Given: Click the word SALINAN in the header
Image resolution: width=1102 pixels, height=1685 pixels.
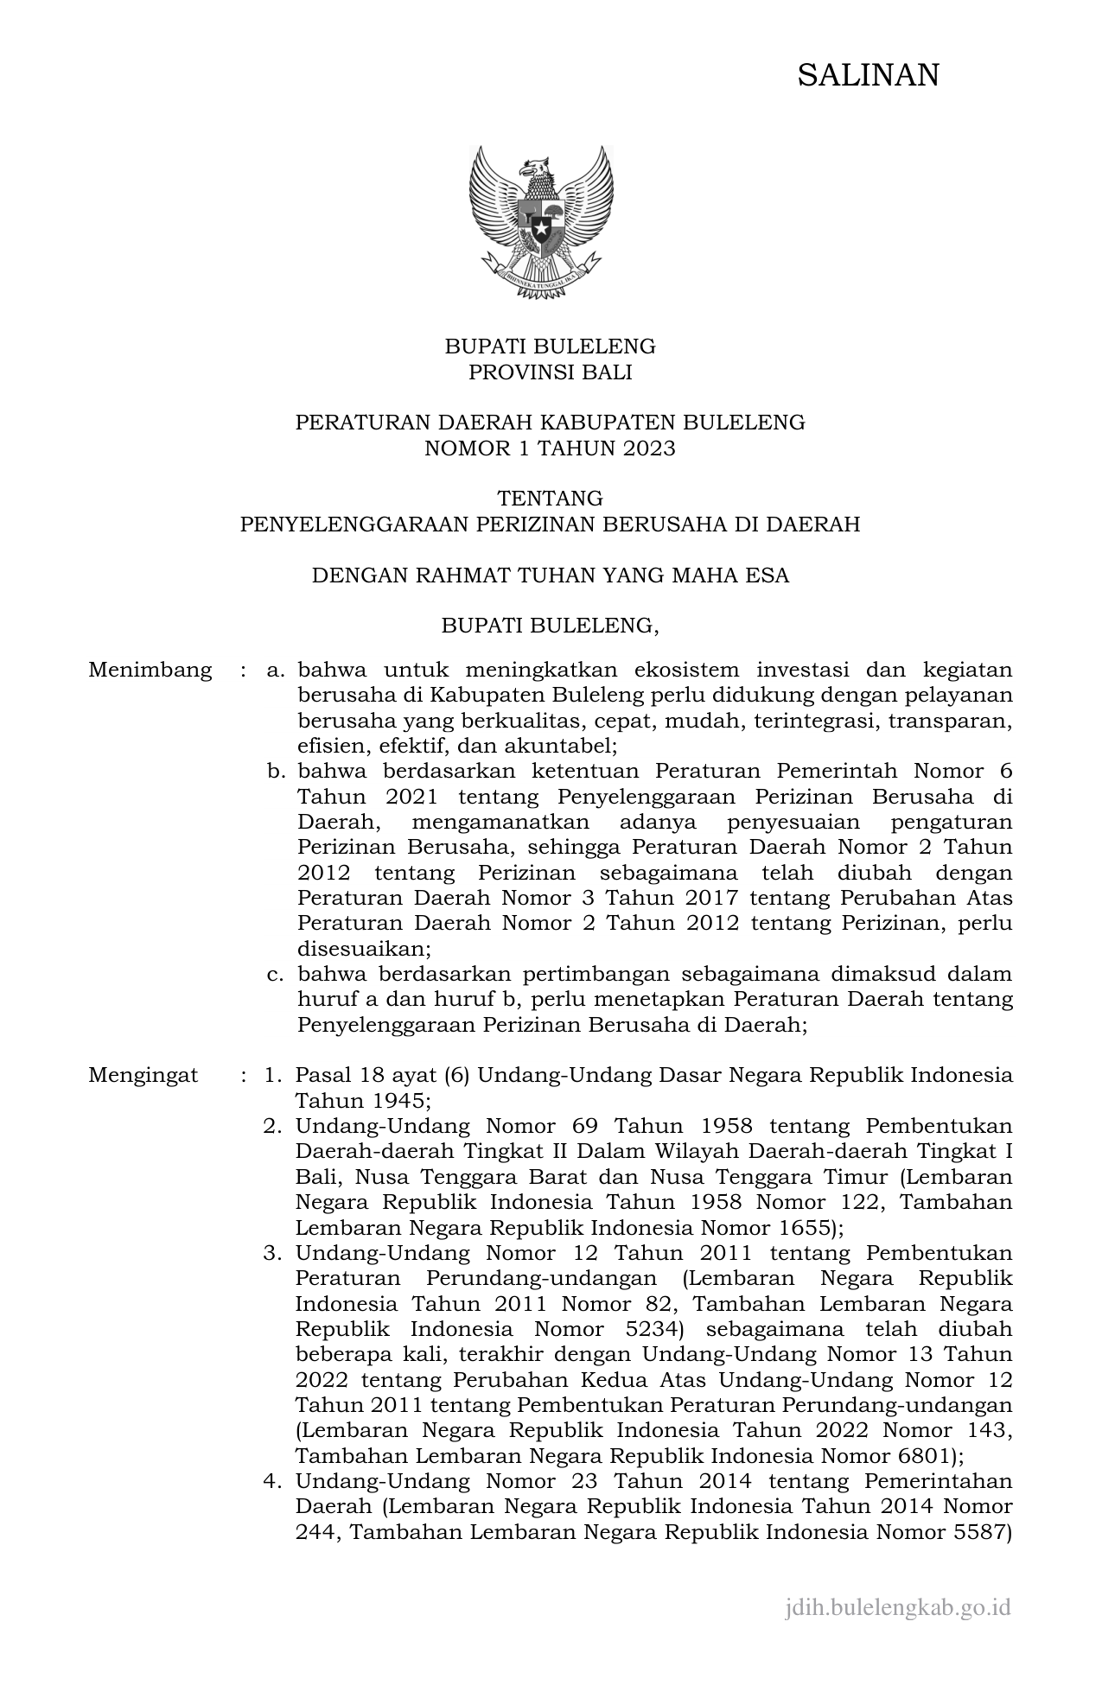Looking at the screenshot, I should click(867, 76).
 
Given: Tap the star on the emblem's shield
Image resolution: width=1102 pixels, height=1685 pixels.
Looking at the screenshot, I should click(541, 231).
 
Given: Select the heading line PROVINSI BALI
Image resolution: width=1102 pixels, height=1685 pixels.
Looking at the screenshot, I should click(550, 372).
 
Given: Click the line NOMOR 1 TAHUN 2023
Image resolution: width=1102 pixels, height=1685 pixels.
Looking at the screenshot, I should click(550, 448).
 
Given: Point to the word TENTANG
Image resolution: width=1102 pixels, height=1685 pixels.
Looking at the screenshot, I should click(550, 499).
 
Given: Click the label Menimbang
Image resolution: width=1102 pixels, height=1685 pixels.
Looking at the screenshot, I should click(150, 670).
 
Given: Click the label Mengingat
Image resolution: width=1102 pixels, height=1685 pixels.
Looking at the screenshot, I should click(143, 1075).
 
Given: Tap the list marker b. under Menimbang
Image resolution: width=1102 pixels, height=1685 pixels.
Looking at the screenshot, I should click(277, 771).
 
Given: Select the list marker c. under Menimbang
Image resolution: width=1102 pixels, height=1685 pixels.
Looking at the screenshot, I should click(276, 974).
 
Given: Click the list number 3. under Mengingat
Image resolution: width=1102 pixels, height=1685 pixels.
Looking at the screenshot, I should click(273, 1253).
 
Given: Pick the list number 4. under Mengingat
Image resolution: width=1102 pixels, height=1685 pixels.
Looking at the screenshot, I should click(273, 1481).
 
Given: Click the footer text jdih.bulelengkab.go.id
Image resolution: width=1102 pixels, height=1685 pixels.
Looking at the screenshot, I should click(897, 1607).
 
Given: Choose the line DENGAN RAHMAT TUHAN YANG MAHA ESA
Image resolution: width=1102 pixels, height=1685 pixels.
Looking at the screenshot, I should click(550, 575).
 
